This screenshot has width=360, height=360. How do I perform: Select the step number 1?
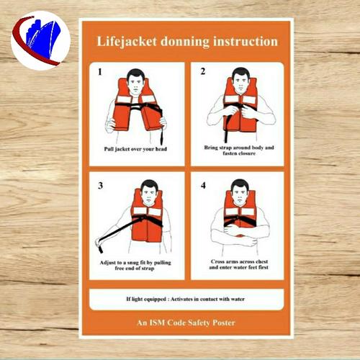coord(99,72)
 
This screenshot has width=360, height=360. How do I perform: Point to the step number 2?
coord(202,71)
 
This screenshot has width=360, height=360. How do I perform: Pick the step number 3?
coord(100,185)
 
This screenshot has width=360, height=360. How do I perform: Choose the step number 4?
coord(202,185)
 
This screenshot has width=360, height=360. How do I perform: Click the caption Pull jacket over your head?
coord(135,149)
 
